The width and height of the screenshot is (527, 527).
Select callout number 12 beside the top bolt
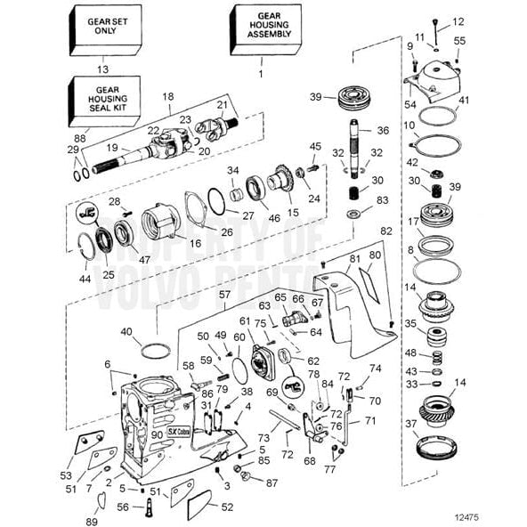(x=458, y=20)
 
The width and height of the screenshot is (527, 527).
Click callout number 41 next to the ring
(x=464, y=101)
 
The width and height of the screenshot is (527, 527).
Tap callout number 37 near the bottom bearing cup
(x=410, y=423)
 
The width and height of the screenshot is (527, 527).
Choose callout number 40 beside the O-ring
(x=126, y=332)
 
